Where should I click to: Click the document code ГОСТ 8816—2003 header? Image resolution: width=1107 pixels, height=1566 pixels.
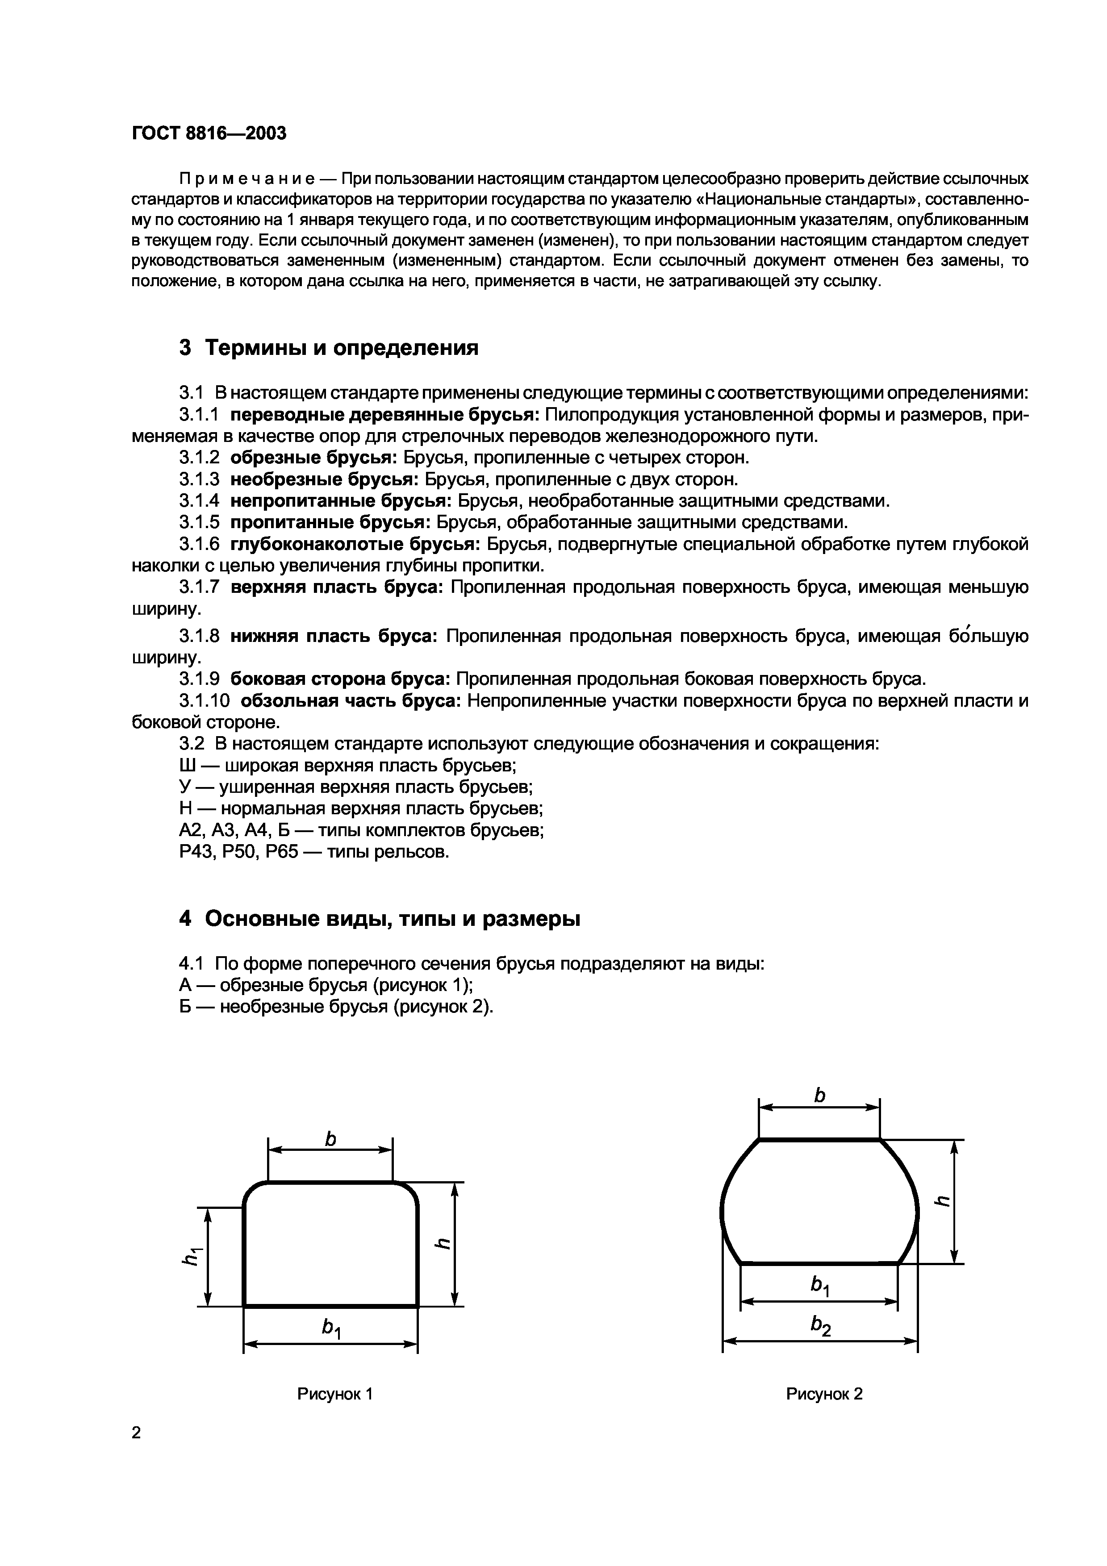(209, 133)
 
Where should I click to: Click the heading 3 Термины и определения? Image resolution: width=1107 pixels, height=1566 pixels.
(328, 348)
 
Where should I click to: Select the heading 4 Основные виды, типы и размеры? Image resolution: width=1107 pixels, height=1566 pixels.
(379, 919)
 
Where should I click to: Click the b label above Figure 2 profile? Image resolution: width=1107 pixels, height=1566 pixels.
(820, 1095)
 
